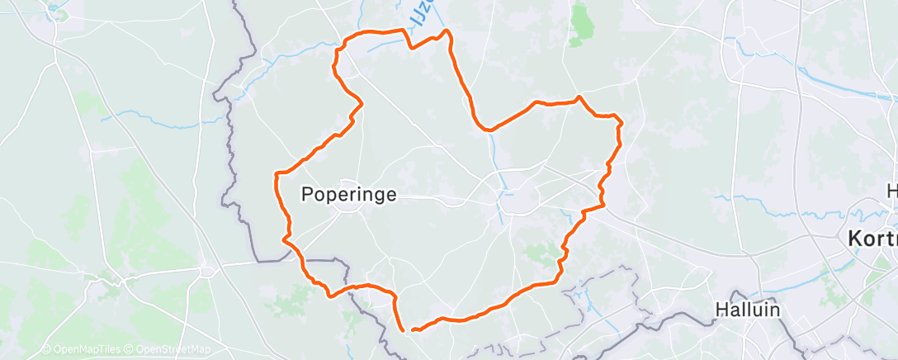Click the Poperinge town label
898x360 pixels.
coord(350,195)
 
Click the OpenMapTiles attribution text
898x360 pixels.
coord(83,350)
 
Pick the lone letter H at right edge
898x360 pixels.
coord(892,192)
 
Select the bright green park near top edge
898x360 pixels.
coord(582,22)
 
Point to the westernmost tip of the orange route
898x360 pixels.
coord(275,175)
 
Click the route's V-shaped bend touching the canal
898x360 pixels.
coord(489,130)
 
